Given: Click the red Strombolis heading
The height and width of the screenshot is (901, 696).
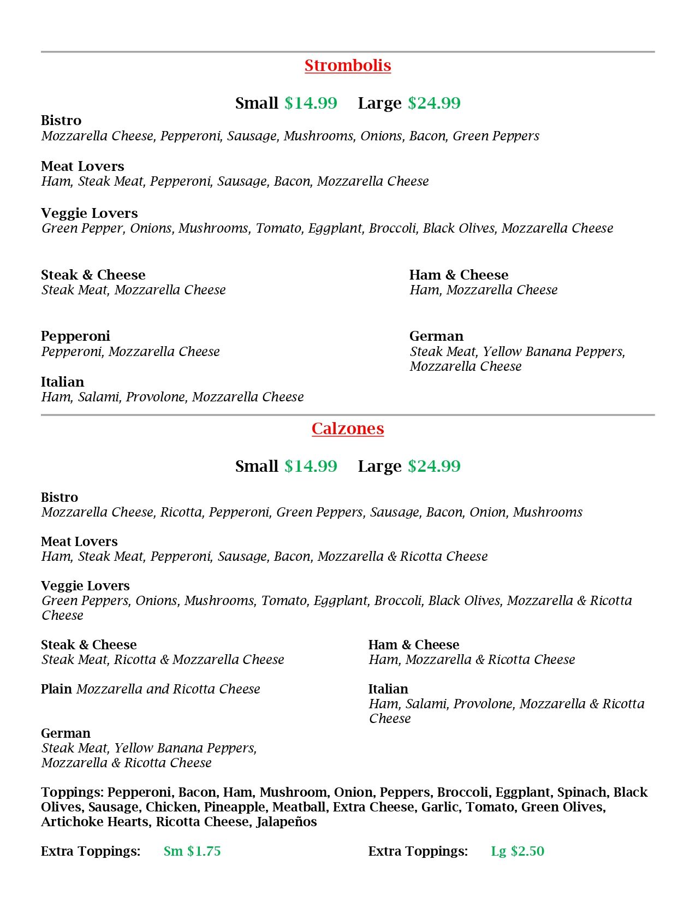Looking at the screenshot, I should click(x=348, y=66).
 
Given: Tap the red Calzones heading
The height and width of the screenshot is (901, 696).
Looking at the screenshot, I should click(x=348, y=429).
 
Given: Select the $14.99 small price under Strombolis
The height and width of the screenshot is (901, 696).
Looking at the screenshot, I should click(x=311, y=103).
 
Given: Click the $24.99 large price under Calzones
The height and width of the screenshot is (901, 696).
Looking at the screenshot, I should click(x=434, y=466).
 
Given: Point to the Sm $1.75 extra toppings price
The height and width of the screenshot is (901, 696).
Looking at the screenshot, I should click(x=192, y=851).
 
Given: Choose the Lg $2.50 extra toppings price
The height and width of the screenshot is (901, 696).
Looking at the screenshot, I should click(x=517, y=851).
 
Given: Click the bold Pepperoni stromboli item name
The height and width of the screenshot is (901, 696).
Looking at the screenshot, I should click(x=75, y=336).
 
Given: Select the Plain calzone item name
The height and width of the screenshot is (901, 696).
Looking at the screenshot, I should click(x=56, y=689).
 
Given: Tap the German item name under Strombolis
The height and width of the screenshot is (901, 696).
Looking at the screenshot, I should click(x=436, y=336).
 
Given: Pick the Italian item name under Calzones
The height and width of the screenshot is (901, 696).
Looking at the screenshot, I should click(x=388, y=689).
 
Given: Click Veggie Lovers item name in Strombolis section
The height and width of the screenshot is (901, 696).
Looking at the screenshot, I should click(x=89, y=214).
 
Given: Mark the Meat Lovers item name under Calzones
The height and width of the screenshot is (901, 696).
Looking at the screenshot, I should click(x=79, y=542).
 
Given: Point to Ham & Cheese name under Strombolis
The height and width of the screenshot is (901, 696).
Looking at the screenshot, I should click(x=459, y=275).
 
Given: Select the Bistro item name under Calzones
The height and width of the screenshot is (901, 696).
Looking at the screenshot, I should click(x=60, y=497).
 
